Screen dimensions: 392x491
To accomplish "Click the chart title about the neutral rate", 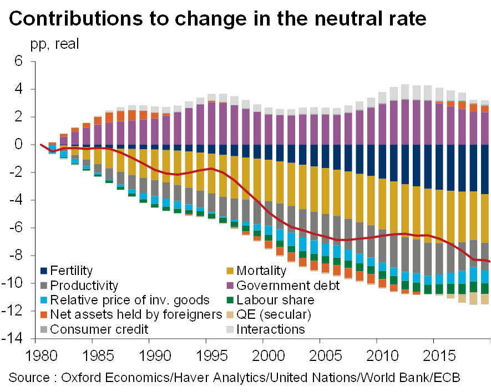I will point(218,19).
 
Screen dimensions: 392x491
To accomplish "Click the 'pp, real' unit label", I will point(54,44).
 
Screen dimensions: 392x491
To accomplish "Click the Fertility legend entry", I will point(72,271).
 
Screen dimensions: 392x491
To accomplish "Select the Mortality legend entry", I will point(261,271).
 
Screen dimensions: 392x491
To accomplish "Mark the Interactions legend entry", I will point(271,329).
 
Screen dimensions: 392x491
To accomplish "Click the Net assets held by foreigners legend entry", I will point(135,315).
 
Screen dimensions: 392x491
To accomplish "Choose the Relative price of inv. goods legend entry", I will point(131,300).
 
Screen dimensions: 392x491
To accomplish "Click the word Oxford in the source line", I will point(80,378).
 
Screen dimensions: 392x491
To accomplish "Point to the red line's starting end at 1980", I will point(41,145).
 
